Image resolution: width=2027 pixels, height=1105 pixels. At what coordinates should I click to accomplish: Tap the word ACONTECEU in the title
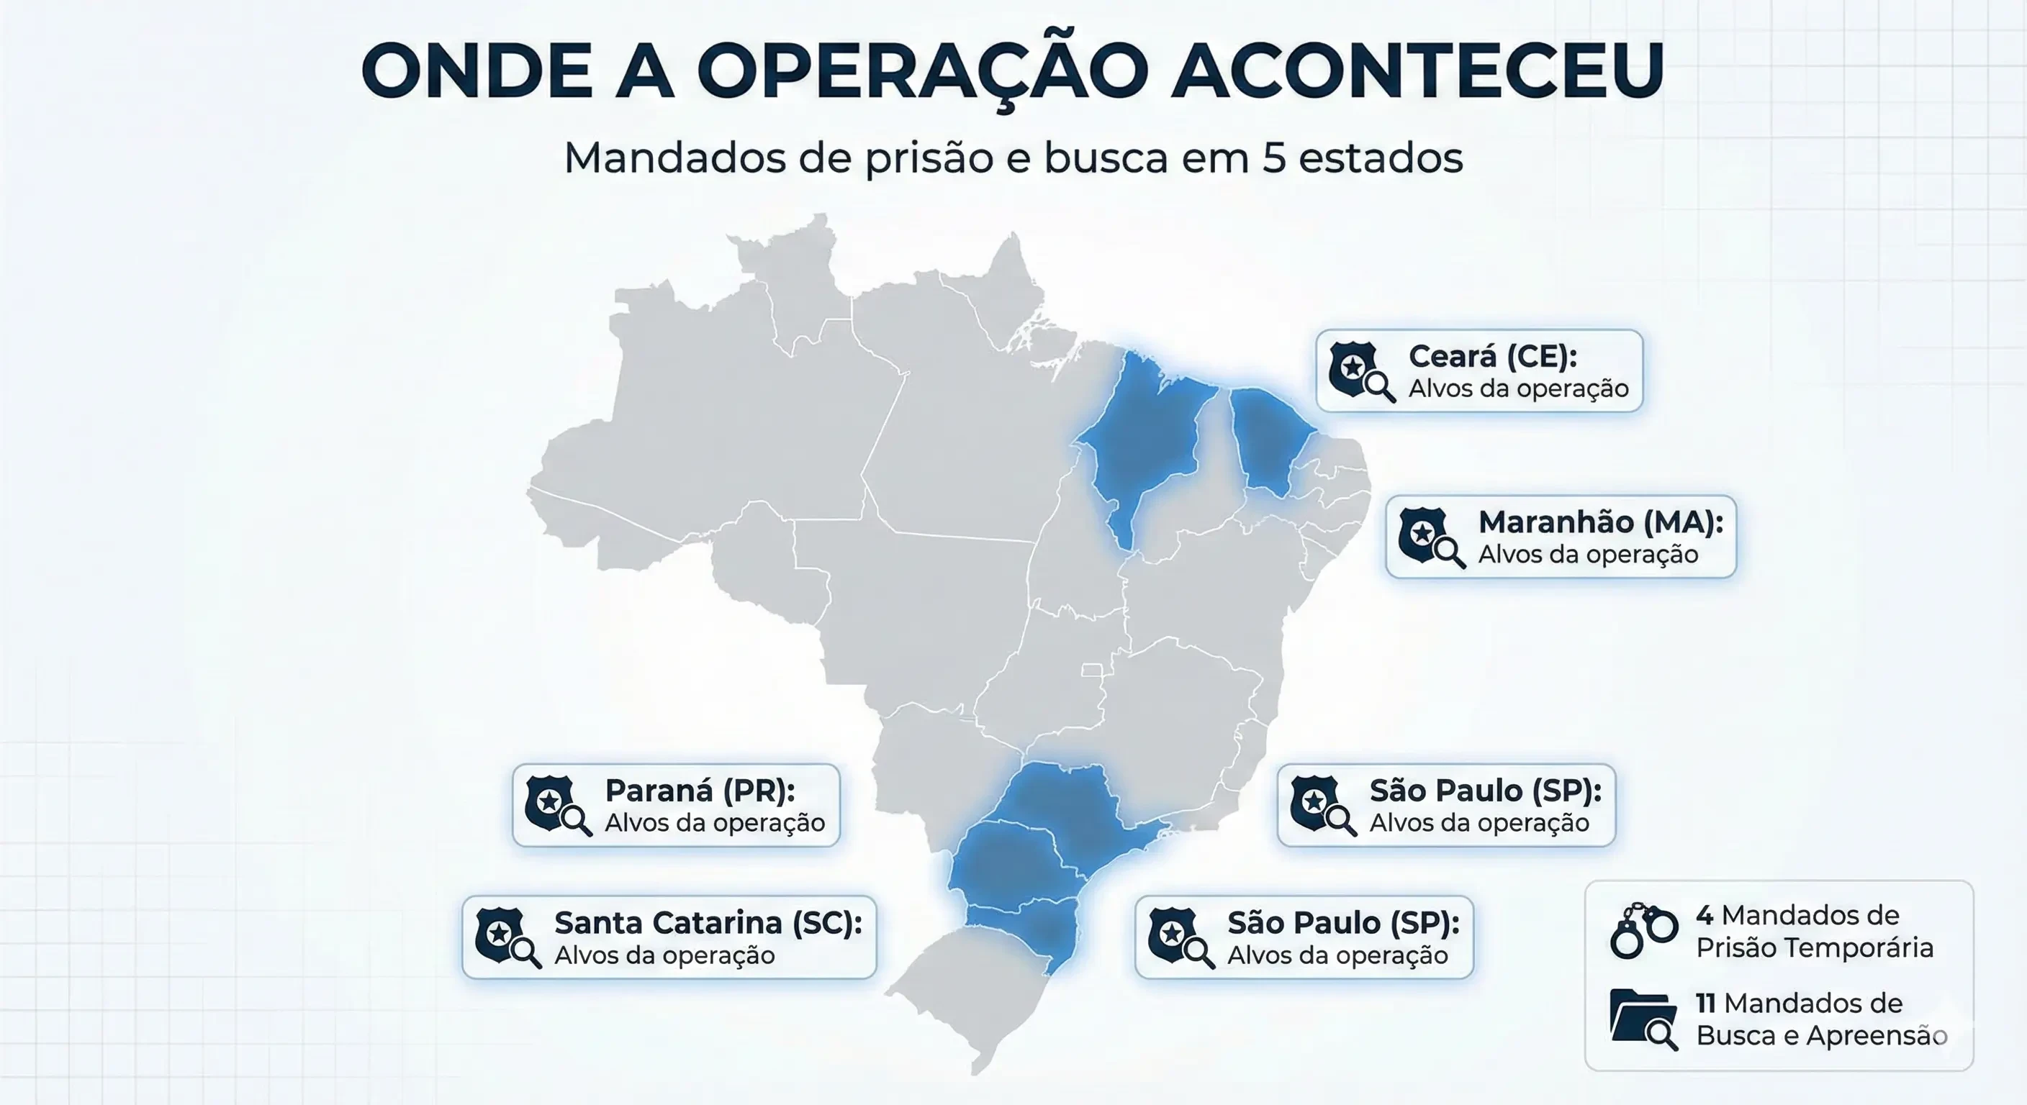pyautogui.click(x=1417, y=71)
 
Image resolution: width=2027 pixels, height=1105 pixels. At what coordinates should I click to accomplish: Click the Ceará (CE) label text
pyautogui.click(x=1492, y=356)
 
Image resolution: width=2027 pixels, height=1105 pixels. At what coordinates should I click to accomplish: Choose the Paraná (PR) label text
pyautogui.click(x=700, y=791)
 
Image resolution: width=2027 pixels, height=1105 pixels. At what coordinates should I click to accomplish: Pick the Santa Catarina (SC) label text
pyautogui.click(x=708, y=922)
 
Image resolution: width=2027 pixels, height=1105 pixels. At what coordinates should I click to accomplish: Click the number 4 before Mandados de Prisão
pyautogui.click(x=1705, y=916)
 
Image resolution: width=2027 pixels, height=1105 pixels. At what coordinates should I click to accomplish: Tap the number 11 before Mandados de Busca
pyautogui.click(x=1705, y=1004)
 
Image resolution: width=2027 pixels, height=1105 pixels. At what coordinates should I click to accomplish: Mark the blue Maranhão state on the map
pyautogui.click(x=1141, y=440)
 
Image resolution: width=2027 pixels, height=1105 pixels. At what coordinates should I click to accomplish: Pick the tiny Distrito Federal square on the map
pyautogui.click(x=1091, y=670)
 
